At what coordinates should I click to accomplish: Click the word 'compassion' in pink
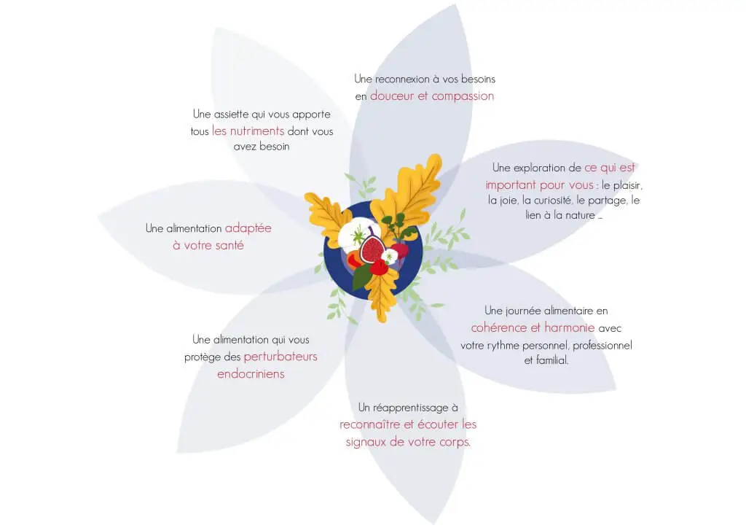(x=463, y=96)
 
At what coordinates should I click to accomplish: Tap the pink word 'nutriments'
(x=257, y=131)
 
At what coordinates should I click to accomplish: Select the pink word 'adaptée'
(x=248, y=228)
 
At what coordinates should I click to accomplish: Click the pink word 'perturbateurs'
(x=280, y=357)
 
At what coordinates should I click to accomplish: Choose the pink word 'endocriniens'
(x=251, y=373)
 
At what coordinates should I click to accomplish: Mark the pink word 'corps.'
(x=455, y=442)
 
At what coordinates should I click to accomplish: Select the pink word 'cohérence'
(x=498, y=327)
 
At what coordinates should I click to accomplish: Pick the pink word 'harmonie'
(x=569, y=327)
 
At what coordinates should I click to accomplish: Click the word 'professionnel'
(x=602, y=345)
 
